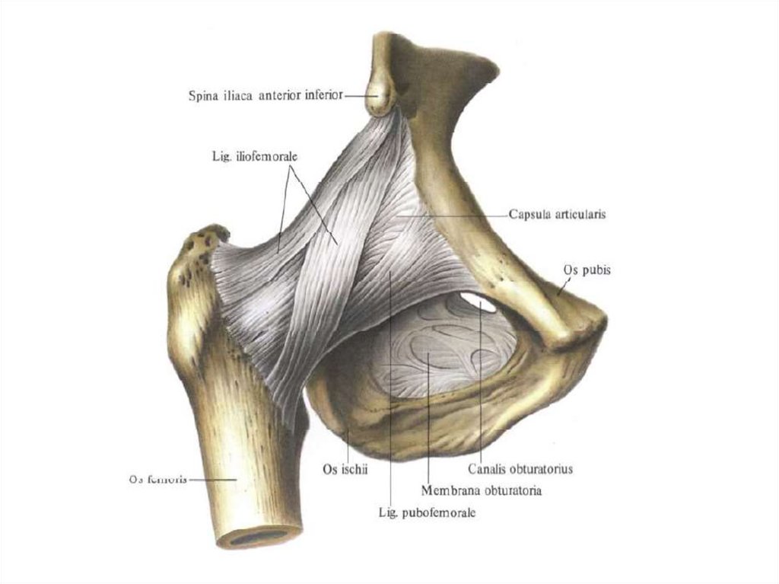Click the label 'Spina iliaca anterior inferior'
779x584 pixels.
point(265,96)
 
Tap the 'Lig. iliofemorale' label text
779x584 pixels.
point(254,156)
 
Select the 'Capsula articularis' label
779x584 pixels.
point(557,215)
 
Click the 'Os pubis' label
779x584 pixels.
point(587,270)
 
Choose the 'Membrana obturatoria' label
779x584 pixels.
point(482,491)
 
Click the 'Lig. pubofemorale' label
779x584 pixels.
point(427,513)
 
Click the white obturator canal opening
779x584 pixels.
point(478,302)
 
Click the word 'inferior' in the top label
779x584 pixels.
point(324,96)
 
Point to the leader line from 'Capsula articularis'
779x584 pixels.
point(456,215)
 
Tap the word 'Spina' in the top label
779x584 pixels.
point(202,96)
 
